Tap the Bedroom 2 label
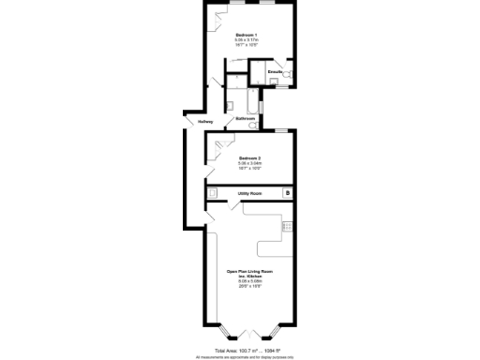coord(250,157)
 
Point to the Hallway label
coord(205,122)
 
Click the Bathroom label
coord(246,119)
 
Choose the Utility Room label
coord(249,194)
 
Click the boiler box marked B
coord(288,193)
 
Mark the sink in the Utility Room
coord(214,194)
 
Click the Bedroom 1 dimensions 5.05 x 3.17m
coord(250,41)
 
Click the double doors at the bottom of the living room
coord(249,334)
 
